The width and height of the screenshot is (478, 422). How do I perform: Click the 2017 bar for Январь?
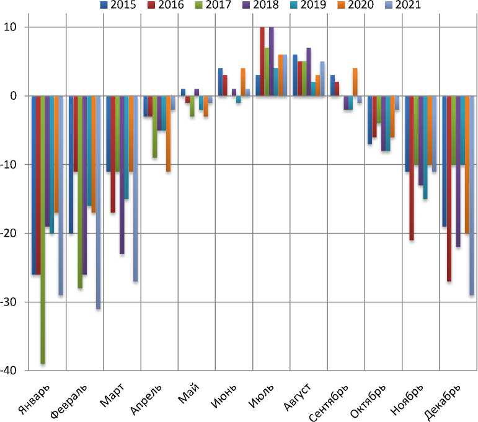43,229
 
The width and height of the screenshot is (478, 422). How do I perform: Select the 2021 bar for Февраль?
98,202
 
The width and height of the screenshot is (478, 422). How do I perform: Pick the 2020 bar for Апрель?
168,133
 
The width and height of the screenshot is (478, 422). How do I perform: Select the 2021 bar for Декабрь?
472,195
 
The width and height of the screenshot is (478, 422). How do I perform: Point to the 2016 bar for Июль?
262,62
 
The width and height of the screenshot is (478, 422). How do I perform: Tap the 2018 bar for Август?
309,72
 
